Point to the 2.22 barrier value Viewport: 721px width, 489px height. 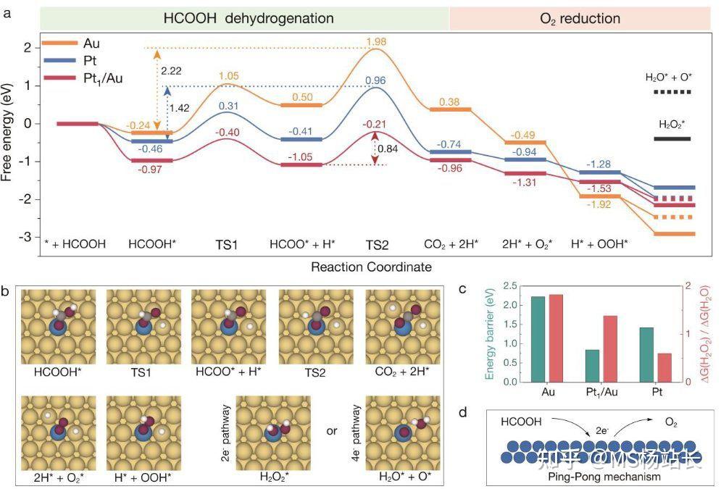172,70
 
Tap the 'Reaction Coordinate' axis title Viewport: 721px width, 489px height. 372,267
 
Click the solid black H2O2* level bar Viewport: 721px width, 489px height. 672,138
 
